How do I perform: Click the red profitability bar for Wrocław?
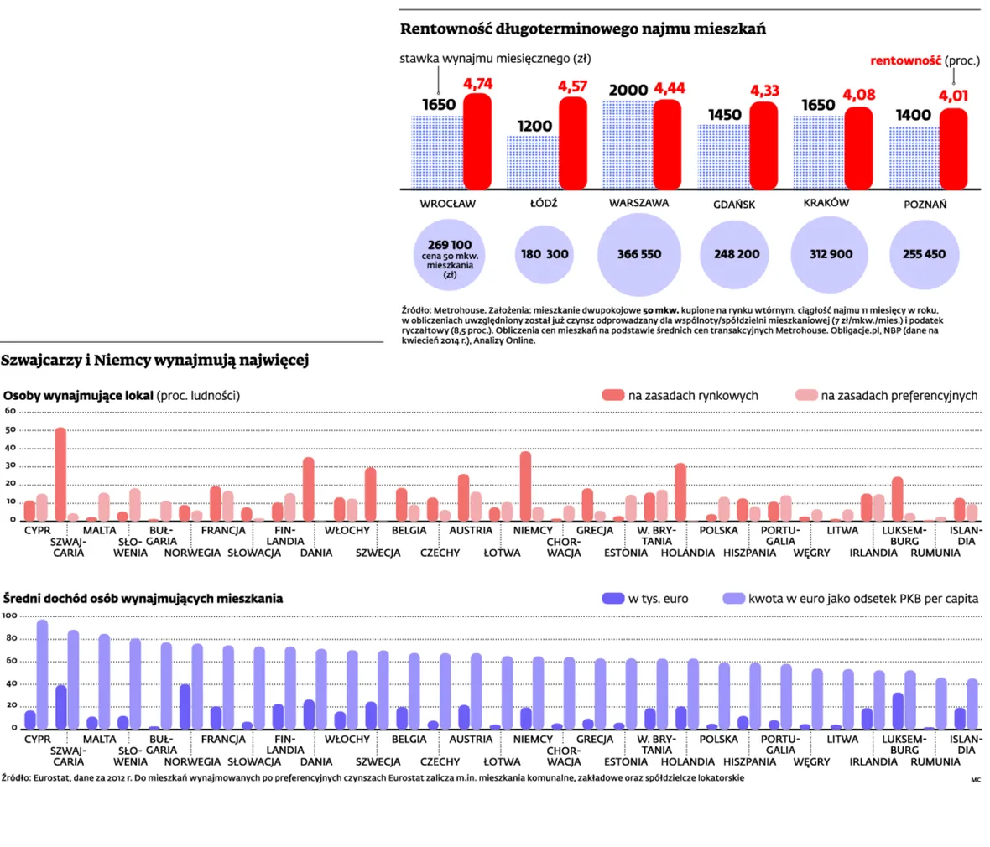tap(477, 142)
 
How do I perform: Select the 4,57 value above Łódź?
tap(573, 86)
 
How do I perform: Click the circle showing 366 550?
tap(639, 254)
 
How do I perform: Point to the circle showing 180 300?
tap(544, 254)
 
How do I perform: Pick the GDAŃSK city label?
tap(733, 205)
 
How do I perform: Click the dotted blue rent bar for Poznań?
tap(914, 158)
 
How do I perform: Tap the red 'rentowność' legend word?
tap(905, 60)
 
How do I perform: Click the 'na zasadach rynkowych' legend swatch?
tap(613, 395)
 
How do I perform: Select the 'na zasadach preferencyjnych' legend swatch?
tap(806, 395)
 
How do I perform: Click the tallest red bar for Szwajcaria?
tap(60, 475)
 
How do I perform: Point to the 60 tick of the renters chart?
tap(10, 411)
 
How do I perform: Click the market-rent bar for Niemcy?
tap(525, 486)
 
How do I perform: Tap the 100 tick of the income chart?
tap(9, 616)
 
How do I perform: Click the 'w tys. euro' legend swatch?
tap(613, 598)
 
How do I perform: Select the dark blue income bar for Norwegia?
tap(185, 707)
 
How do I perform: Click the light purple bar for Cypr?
tap(42, 675)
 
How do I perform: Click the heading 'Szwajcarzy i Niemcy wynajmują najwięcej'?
tap(154, 361)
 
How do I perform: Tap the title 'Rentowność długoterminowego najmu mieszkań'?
tap(583, 29)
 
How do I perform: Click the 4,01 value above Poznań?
tap(953, 96)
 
